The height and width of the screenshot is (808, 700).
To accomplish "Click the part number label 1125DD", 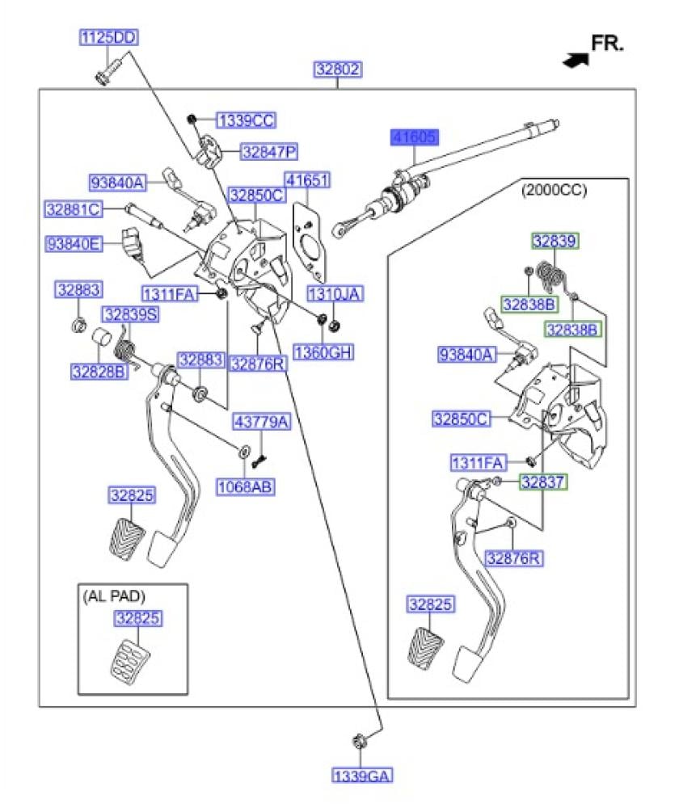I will coord(108,37).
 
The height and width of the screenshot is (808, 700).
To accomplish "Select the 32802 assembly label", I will coord(338,70).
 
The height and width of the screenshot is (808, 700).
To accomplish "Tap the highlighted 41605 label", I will coord(415,137).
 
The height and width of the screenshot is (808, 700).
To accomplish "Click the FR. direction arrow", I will coord(576,59).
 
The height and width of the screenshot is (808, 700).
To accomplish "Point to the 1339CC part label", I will coord(247,121).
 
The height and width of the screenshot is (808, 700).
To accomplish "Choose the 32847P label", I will coord(269,151).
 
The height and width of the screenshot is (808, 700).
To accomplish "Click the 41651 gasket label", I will coord(307,180).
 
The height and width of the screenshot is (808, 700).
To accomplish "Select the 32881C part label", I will coord(73,209).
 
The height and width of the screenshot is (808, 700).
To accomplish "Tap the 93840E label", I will coord(73,242).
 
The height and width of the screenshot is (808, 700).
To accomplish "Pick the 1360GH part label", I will coord(323,352).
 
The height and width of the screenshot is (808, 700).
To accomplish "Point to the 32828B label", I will coord(99,372).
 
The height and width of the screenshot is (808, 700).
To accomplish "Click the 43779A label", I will coord(261,422).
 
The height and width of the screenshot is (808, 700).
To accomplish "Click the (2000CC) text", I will coord(554,191).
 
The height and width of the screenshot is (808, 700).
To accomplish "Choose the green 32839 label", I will coord(555,241).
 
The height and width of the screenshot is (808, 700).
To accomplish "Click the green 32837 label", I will coord(543,482).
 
